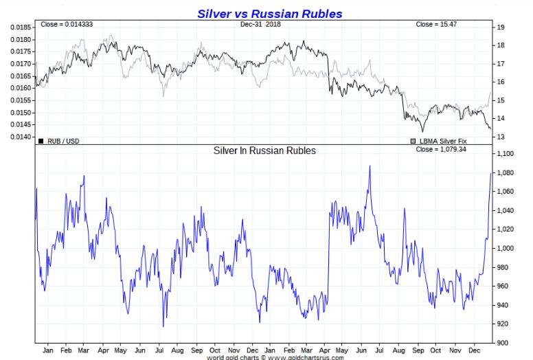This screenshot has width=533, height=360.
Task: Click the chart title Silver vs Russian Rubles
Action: pyautogui.click(x=269, y=13)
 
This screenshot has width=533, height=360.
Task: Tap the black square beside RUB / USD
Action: pyautogui.click(x=41, y=142)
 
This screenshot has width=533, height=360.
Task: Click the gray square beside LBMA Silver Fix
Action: pyautogui.click(x=413, y=142)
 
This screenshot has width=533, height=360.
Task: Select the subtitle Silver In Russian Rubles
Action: pyautogui.click(x=265, y=150)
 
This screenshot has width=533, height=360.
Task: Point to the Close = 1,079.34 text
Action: pyautogui.click(x=441, y=149)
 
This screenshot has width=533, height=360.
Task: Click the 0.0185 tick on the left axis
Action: pyautogui.click(x=21, y=27)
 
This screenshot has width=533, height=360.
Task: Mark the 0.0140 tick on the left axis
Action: pyautogui.click(x=21, y=137)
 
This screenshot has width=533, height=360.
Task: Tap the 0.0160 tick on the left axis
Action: pyautogui.click(x=21, y=88)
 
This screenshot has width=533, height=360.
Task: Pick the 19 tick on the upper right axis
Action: pyautogui.click(x=501, y=27)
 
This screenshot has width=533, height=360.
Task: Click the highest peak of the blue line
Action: pyautogui.click(x=370, y=166)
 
